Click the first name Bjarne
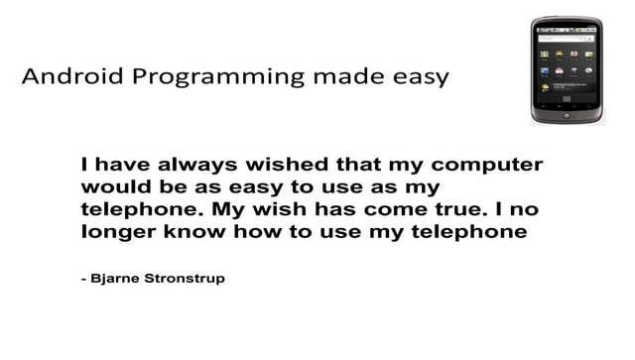pyautogui.click(x=118, y=279)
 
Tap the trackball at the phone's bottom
pyautogui.click(x=567, y=115)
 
